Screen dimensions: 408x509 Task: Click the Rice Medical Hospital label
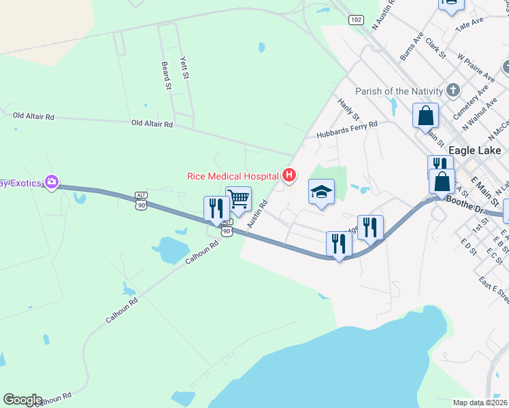point(233,176)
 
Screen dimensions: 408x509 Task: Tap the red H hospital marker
point(289,176)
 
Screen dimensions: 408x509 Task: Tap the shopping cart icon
point(238,199)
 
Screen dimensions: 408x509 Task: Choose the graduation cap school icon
point(321,192)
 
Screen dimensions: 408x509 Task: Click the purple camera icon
point(51,182)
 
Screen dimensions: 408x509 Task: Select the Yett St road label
point(184,67)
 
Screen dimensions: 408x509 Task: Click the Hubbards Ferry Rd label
point(346,130)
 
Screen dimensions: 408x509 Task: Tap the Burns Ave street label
point(412,46)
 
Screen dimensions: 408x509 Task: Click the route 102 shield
point(355,20)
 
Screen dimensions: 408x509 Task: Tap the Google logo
point(22,400)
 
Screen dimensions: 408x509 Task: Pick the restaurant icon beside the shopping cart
point(216,208)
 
